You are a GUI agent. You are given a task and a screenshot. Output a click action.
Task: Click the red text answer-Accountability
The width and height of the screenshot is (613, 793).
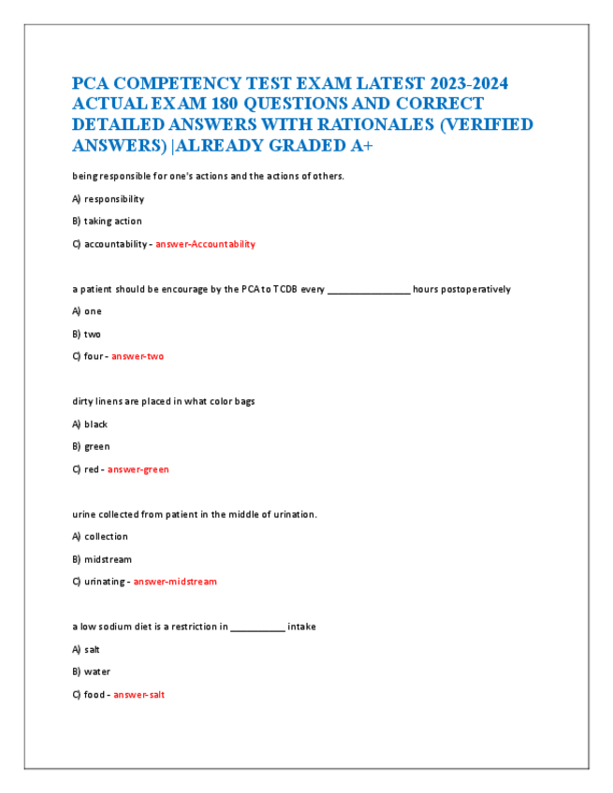pos(205,244)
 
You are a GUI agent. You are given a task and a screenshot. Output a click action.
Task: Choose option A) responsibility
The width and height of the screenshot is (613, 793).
pos(108,199)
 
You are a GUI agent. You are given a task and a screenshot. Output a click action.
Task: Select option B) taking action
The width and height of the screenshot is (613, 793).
pos(107,222)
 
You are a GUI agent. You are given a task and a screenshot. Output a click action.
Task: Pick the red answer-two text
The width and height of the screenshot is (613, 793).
pos(138,356)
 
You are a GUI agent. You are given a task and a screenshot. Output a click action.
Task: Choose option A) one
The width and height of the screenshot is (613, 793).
pos(87,311)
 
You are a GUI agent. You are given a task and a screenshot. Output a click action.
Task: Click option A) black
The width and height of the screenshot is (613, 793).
pos(90,425)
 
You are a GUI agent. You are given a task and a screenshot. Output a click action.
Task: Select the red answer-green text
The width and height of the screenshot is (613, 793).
pos(139,469)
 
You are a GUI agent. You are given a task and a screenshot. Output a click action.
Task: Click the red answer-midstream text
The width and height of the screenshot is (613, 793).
pos(175,582)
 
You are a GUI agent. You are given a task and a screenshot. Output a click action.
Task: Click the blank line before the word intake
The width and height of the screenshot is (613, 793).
pos(257,627)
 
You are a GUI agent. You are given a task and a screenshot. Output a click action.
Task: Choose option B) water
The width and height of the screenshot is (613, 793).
pos(92,672)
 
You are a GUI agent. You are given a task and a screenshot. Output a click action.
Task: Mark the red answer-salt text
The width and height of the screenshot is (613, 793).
pos(139,695)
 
